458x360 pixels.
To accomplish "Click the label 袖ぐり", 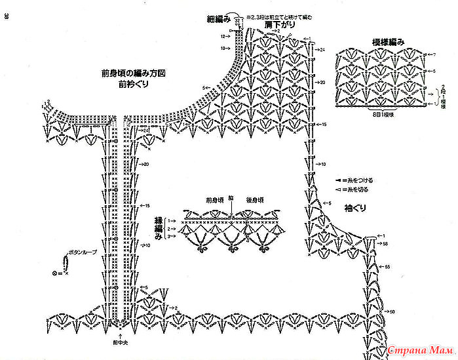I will point(354,209).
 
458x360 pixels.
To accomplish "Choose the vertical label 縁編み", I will point(158,228).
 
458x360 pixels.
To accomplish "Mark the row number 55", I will point(388,268).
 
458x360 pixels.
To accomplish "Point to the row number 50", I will point(392,312).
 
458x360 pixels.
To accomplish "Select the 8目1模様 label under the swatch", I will point(383,114).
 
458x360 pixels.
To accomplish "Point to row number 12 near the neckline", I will point(223,36).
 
